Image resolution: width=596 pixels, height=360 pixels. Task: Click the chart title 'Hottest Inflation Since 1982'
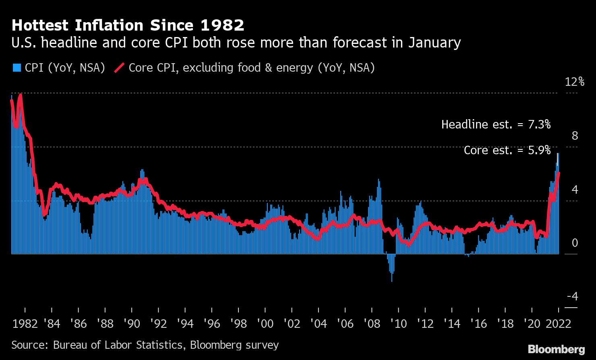(128, 25)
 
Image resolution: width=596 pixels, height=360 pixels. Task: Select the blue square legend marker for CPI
(17, 68)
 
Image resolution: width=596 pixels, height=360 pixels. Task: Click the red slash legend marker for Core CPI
(119, 68)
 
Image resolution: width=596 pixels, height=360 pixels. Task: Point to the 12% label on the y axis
(574, 82)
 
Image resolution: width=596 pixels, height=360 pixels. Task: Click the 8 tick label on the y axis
(575, 136)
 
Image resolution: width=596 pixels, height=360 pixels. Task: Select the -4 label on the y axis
(572, 297)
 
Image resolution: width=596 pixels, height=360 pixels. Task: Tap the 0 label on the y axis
(575, 243)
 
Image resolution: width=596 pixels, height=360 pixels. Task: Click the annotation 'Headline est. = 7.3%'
(496, 124)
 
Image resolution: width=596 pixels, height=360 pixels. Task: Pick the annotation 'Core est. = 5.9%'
(507, 150)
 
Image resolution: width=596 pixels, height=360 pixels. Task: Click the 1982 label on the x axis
(25, 324)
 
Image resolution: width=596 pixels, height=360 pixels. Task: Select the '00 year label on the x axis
(265, 324)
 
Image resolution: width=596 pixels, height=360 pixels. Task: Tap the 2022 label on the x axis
(559, 324)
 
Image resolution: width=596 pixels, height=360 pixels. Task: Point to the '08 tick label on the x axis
(371, 324)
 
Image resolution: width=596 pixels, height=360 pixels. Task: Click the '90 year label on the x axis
(131, 324)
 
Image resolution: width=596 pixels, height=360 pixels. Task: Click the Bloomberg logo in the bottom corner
(556, 349)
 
